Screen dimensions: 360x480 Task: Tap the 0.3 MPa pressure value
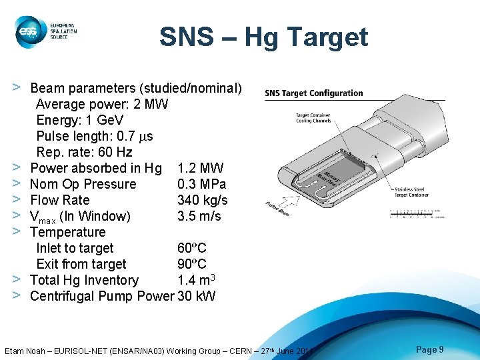click(201, 184)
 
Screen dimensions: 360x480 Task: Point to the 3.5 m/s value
click(199, 216)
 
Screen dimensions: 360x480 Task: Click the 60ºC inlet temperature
click(192, 248)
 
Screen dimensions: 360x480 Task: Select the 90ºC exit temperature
click(192, 264)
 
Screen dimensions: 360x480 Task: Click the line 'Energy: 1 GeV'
click(79, 120)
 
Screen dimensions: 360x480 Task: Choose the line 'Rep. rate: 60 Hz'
click(84, 152)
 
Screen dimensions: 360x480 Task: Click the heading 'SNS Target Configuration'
click(314, 93)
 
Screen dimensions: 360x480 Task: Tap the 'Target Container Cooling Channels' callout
click(313, 118)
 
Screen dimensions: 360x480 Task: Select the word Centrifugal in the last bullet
click(64, 296)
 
